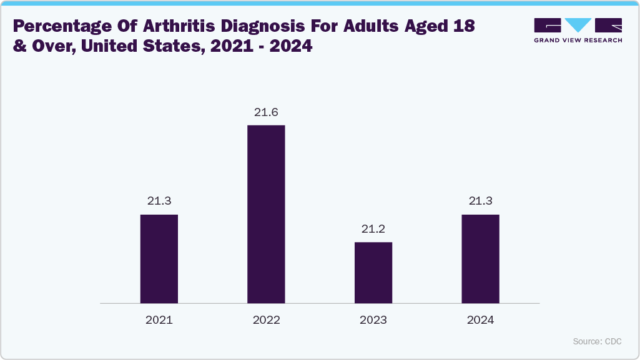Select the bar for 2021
[159, 259]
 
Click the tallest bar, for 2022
[266, 214]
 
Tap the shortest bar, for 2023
[373, 273]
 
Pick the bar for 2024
[480, 259]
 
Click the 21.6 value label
[266, 112]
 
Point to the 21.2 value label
[373, 229]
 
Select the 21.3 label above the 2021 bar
[159, 201]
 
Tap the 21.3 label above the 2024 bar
[480, 201]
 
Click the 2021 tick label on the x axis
[159, 320]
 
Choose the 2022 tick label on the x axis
[266, 320]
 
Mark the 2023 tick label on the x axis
[373, 320]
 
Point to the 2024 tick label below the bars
[480, 320]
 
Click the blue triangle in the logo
[578, 25]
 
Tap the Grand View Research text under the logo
[578, 40]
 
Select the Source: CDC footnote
[597, 341]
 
